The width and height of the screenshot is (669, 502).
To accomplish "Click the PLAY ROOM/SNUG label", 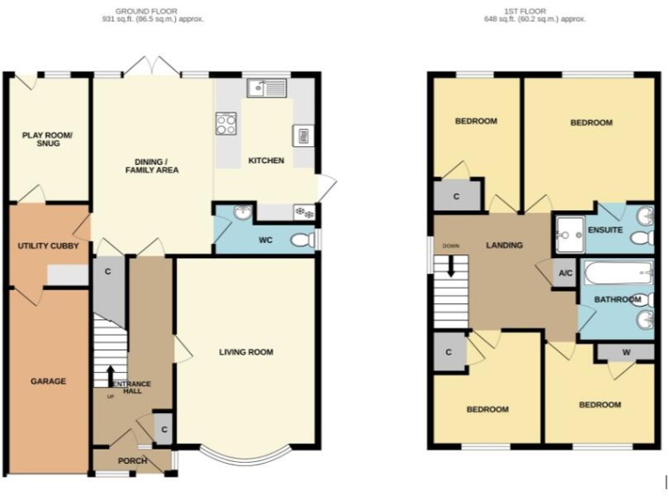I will [x=47, y=139].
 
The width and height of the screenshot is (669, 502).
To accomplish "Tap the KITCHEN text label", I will [x=266, y=160].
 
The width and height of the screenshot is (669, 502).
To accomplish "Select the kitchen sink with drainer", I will [x=266, y=87].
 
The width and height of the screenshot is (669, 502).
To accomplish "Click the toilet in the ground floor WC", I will [x=301, y=241].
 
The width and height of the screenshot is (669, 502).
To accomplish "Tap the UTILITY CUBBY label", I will [x=48, y=247].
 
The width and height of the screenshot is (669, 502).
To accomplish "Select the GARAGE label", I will [x=48, y=381].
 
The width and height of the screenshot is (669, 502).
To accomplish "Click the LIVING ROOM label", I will [x=246, y=352].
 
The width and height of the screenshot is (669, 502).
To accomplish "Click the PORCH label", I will [x=132, y=461].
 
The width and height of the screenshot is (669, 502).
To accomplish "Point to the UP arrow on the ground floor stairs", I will [x=110, y=376].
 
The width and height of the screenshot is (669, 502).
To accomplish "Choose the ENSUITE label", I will [x=604, y=230].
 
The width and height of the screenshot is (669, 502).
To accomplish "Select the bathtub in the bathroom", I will [x=615, y=275].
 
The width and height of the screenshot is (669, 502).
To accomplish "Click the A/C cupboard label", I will [x=564, y=272].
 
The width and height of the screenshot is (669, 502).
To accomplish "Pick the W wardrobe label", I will [x=625, y=352].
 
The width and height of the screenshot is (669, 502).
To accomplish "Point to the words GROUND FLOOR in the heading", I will [x=152, y=11].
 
